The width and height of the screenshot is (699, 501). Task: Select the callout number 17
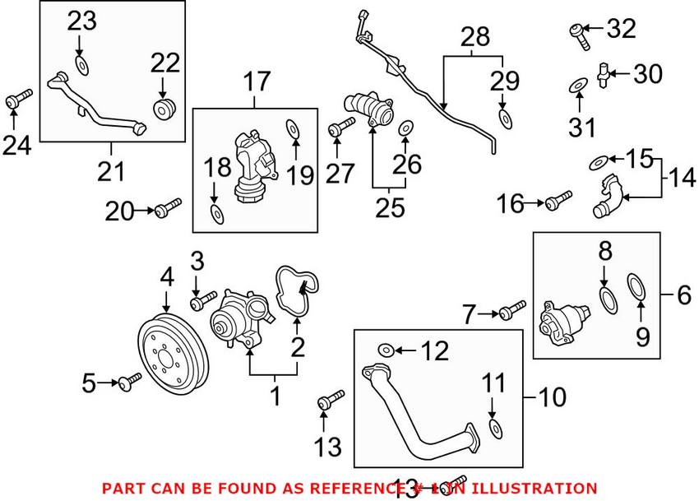pyautogui.click(x=255, y=81)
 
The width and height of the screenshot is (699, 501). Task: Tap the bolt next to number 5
pyautogui.click(x=130, y=382)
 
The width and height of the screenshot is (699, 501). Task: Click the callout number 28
pyautogui.click(x=474, y=36)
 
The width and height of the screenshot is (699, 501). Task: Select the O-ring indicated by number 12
pyautogui.click(x=385, y=350)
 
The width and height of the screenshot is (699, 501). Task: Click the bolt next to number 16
pyautogui.click(x=558, y=200)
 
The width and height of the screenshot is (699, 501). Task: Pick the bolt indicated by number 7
pyautogui.click(x=512, y=311)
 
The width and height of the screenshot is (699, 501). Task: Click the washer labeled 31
pyautogui.click(x=578, y=85)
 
